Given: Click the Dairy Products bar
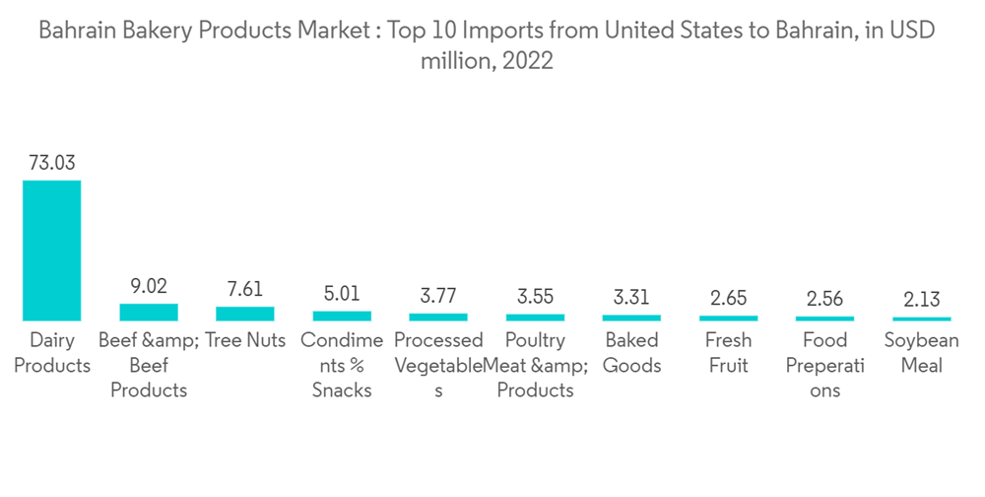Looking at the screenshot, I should pos(52,250).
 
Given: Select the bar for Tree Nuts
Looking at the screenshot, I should pos(245,314).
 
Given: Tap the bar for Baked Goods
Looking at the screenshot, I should pos(631,318).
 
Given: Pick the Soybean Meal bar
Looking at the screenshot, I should pos(921,319).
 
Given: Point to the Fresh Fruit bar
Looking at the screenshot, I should pos(728,318).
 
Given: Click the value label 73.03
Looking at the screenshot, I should pos(52,163).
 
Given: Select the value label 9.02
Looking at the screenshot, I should pos(149,286).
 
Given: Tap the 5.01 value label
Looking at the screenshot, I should pos(342,294).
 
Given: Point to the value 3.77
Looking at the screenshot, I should pos(438,297).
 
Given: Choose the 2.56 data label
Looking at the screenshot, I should pos(824,299).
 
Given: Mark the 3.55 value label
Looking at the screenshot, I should pos(535,297).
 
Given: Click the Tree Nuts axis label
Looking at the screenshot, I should pos(245,341).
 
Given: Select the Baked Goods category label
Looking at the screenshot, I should pos(631,353).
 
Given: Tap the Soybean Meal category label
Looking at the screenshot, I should pos(921,353).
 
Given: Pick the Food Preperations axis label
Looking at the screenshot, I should pos(824,365).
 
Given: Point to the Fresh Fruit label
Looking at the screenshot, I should pos(728,353).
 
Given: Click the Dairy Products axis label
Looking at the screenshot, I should pos(52,353).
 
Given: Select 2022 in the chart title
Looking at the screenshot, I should pos(528,61).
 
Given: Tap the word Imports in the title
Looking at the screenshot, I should pos(497,31).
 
